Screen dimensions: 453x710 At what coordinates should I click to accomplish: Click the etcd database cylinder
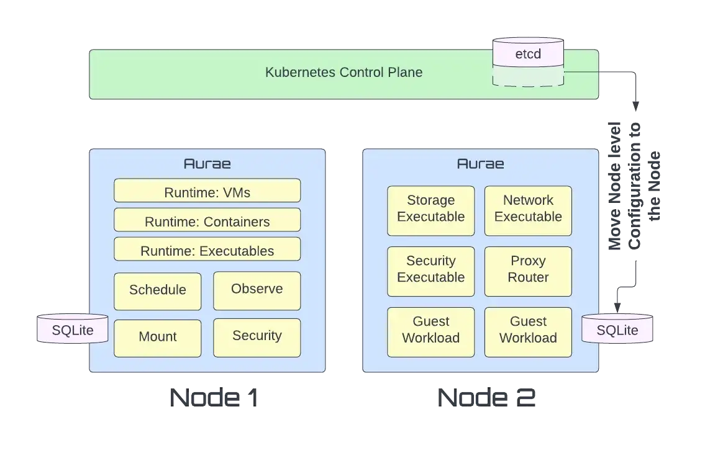[528, 62]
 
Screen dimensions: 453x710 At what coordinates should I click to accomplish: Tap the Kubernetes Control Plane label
[344, 73]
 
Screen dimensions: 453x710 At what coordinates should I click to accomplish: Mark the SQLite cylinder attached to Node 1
[73, 329]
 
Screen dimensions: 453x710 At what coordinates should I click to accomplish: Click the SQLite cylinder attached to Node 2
[617, 329]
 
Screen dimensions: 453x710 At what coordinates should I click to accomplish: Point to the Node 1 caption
[214, 398]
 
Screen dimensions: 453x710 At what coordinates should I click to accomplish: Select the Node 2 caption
[486, 398]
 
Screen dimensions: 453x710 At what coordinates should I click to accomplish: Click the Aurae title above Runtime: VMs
[207, 164]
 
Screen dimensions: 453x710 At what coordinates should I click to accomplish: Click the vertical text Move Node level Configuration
[634, 186]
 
